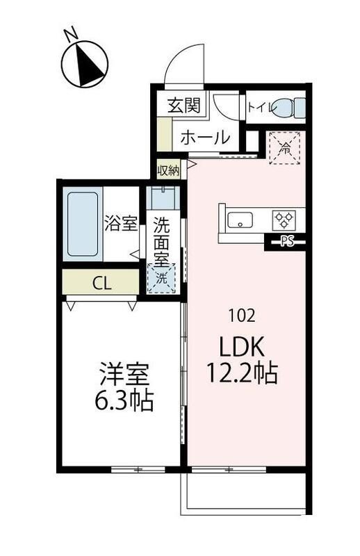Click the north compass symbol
click(84, 64)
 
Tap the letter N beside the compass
click(72, 33)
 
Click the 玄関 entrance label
click(184, 105)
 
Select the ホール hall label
click(205, 137)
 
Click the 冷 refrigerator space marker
click(286, 148)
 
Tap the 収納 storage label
click(169, 171)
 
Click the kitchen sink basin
click(240, 220)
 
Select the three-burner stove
click(284, 220)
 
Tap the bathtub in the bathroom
click(83, 224)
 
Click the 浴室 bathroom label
click(121, 223)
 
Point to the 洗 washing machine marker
click(162, 279)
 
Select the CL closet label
click(102, 283)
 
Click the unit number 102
click(243, 315)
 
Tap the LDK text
click(243, 346)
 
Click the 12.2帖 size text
click(242, 373)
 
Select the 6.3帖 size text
click(124, 400)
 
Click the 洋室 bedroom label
click(124, 375)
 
